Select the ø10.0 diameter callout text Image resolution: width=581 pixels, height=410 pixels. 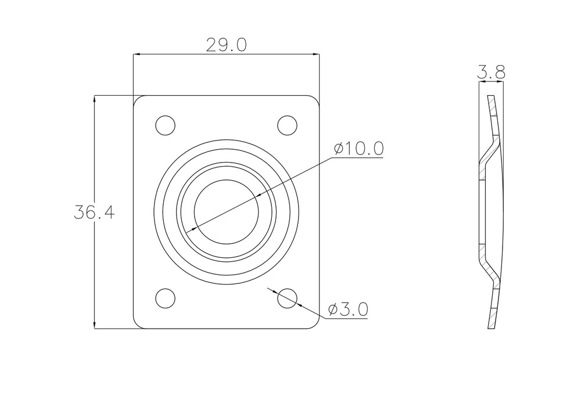tap(358, 149)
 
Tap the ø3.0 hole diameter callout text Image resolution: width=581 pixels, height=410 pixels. tap(347, 310)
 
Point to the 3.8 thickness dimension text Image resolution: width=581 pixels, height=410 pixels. tap(491, 73)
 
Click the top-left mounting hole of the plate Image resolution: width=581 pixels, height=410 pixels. tap(165, 125)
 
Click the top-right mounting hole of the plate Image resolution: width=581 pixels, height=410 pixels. tap(287, 125)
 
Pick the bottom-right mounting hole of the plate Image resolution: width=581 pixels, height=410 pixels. tap(287, 298)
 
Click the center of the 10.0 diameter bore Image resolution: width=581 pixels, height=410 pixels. tap(226, 211)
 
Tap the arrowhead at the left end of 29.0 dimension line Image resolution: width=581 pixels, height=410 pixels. tap(137, 55)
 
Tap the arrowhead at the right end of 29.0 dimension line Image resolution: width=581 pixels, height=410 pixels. tap(316, 55)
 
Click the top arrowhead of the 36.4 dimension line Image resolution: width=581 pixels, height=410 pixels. tap(95, 99)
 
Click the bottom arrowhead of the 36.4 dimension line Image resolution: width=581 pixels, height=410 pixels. tap(95, 325)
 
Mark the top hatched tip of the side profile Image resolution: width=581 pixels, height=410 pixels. tap(491, 105)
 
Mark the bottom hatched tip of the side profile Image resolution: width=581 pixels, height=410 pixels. tap(492, 319)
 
